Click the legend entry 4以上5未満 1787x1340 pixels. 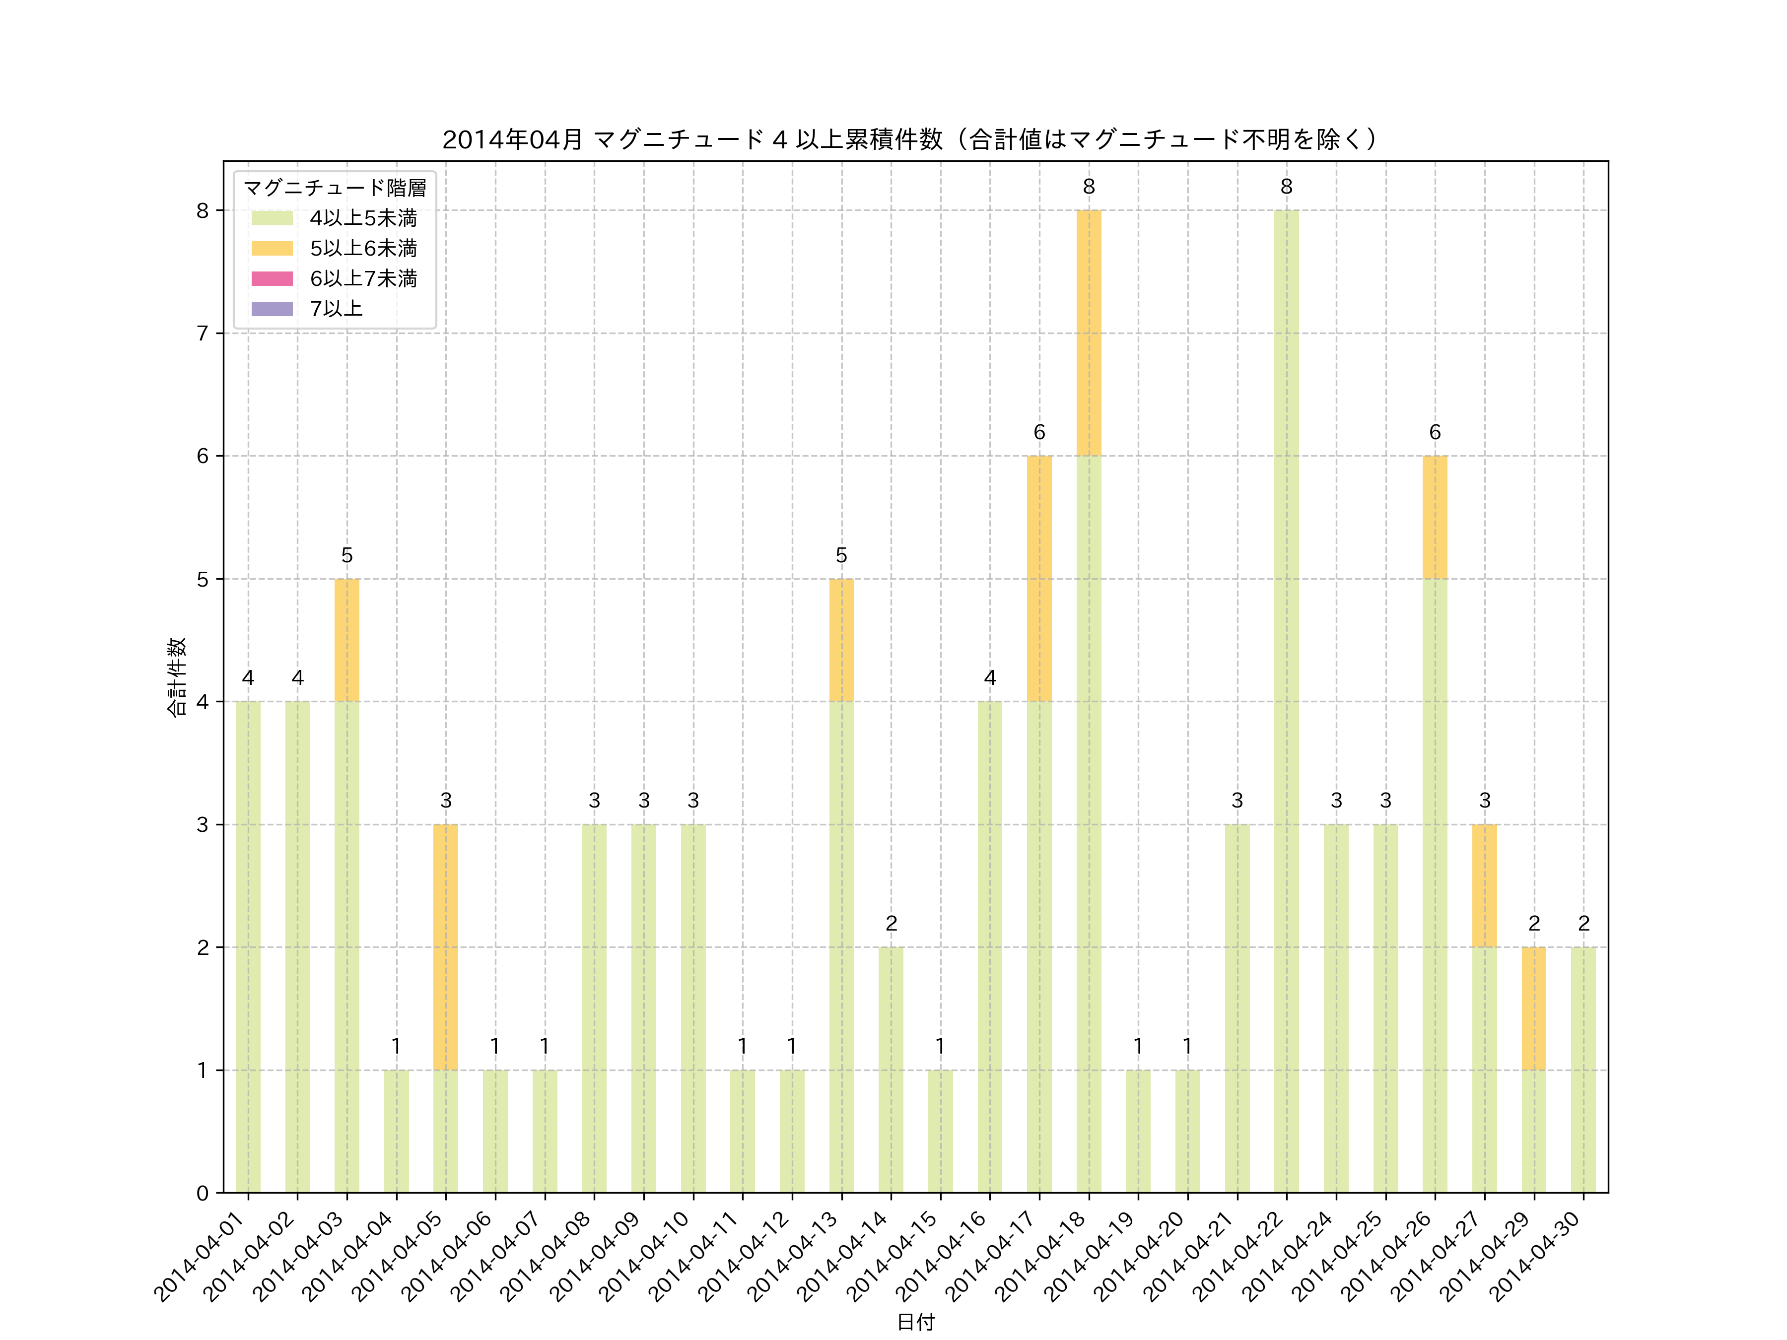point(363,218)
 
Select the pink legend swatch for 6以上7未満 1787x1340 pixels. point(272,278)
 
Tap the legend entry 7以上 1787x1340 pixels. point(336,309)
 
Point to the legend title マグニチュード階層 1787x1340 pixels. point(335,188)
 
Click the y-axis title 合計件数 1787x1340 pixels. point(177,677)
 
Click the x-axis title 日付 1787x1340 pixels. point(915,1322)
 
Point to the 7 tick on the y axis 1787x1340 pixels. point(203,334)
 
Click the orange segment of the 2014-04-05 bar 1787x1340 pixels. point(445,946)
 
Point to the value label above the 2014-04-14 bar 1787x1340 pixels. point(891,923)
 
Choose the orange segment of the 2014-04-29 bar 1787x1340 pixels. point(1533,1008)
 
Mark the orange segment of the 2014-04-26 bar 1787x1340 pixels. point(1435,517)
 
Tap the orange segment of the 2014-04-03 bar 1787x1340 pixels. point(346,640)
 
